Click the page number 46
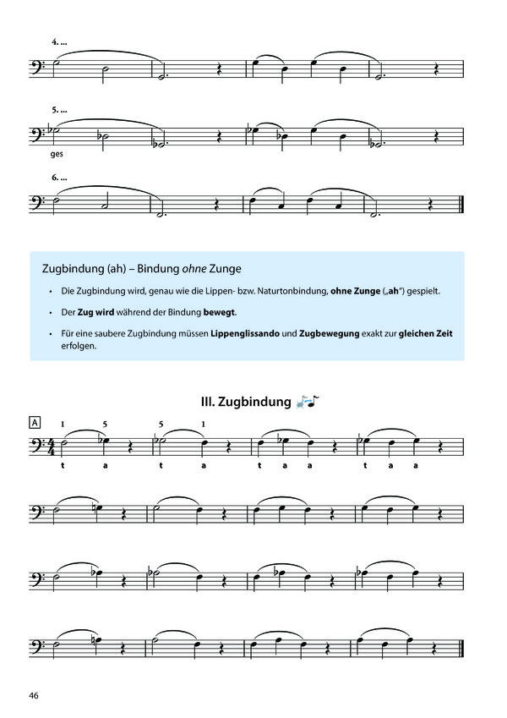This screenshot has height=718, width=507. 34,695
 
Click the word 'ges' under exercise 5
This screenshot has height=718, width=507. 57,154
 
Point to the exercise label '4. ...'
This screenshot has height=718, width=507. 60,41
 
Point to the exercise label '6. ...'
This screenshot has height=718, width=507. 60,178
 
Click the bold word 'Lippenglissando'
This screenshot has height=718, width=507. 248,333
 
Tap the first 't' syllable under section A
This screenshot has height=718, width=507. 63,466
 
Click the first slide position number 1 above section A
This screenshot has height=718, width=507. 63,423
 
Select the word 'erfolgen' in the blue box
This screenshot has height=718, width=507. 80,346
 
